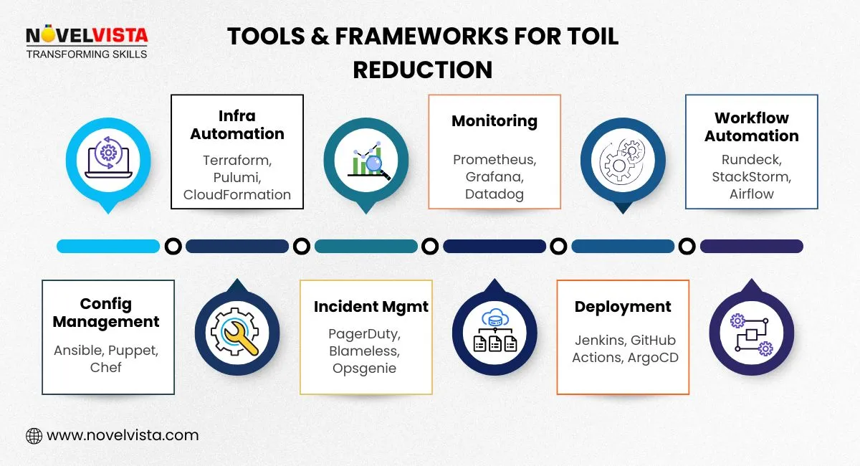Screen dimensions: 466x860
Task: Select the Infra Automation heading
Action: tap(237, 125)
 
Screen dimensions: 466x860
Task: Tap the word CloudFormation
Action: tap(237, 194)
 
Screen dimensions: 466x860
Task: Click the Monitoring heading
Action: tap(494, 121)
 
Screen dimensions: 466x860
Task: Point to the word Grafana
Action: tap(494, 176)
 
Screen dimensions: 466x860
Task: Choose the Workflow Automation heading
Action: tap(751, 127)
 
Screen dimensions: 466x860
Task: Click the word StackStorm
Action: tap(751, 176)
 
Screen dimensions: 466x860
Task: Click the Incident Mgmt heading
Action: tap(371, 307)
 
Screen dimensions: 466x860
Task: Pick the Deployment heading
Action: tap(623, 307)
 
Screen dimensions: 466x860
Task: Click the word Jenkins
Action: tap(599, 341)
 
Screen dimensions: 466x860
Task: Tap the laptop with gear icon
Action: tap(108, 158)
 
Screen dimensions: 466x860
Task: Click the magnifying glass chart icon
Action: tap(366, 159)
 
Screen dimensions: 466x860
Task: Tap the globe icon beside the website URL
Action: tap(34, 435)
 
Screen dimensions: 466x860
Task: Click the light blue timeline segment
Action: tap(108, 247)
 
